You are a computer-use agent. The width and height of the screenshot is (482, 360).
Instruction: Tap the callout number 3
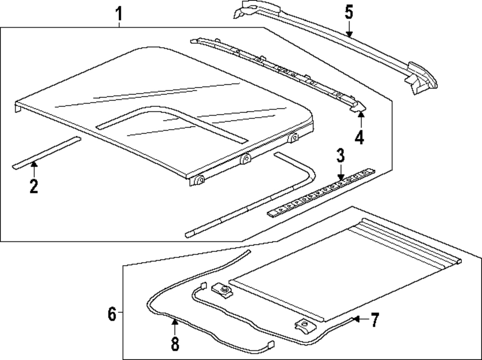click(341, 156)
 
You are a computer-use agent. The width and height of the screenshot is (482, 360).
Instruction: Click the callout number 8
click(174, 344)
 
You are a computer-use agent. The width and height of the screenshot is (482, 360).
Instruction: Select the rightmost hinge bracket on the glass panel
click(293, 138)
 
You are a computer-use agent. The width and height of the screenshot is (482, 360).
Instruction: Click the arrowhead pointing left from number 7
click(356, 319)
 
